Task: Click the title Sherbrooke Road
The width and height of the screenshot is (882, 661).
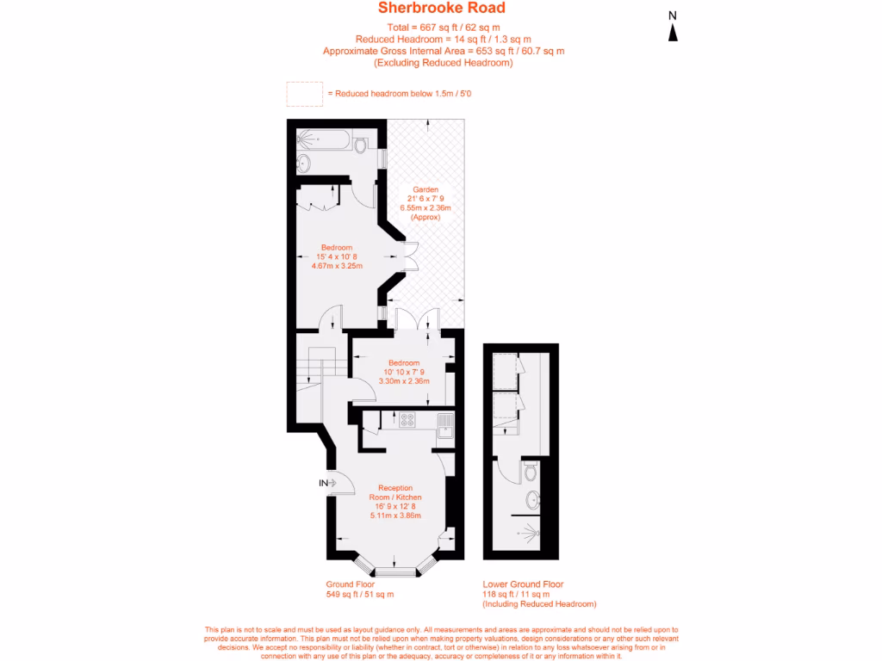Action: point(441,9)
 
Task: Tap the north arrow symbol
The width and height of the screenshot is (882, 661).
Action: point(673,32)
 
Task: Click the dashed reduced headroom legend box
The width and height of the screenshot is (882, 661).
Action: point(303,93)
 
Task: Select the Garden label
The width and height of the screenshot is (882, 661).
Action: point(425,189)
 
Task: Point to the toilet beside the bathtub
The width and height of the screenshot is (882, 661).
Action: point(360,145)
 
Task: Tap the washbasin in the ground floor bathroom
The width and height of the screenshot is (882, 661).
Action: point(303,163)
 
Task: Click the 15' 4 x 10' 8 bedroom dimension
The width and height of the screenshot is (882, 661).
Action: point(337,256)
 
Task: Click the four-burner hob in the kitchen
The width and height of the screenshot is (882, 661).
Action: point(407,421)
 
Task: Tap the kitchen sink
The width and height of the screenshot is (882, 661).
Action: point(444,425)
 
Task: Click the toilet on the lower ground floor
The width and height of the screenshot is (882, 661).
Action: point(531,471)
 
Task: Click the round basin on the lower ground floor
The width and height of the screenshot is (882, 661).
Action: point(532,498)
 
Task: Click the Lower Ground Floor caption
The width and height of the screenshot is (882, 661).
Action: point(523,584)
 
